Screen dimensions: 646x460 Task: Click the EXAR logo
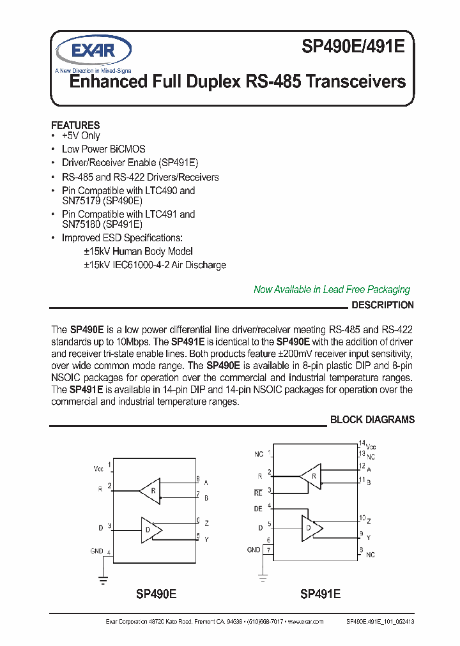click(93, 50)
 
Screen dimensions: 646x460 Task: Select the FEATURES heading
click(75, 125)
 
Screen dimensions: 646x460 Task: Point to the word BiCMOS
click(123, 149)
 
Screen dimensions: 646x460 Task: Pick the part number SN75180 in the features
click(80, 225)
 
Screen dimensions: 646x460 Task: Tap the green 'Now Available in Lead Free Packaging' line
click(332, 290)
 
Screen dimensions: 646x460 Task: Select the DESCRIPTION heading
click(382, 305)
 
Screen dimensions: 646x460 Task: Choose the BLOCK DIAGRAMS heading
click(372, 419)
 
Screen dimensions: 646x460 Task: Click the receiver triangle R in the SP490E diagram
click(151, 490)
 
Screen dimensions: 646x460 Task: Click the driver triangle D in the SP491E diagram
click(311, 527)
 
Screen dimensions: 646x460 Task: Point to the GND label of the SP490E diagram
click(96, 550)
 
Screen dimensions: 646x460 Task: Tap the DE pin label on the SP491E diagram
click(258, 509)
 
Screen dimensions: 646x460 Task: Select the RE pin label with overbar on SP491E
click(258, 492)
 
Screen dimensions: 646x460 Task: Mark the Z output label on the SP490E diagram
click(206, 523)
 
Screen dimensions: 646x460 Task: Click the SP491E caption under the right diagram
click(320, 594)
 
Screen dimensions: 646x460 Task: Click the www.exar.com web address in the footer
click(305, 621)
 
